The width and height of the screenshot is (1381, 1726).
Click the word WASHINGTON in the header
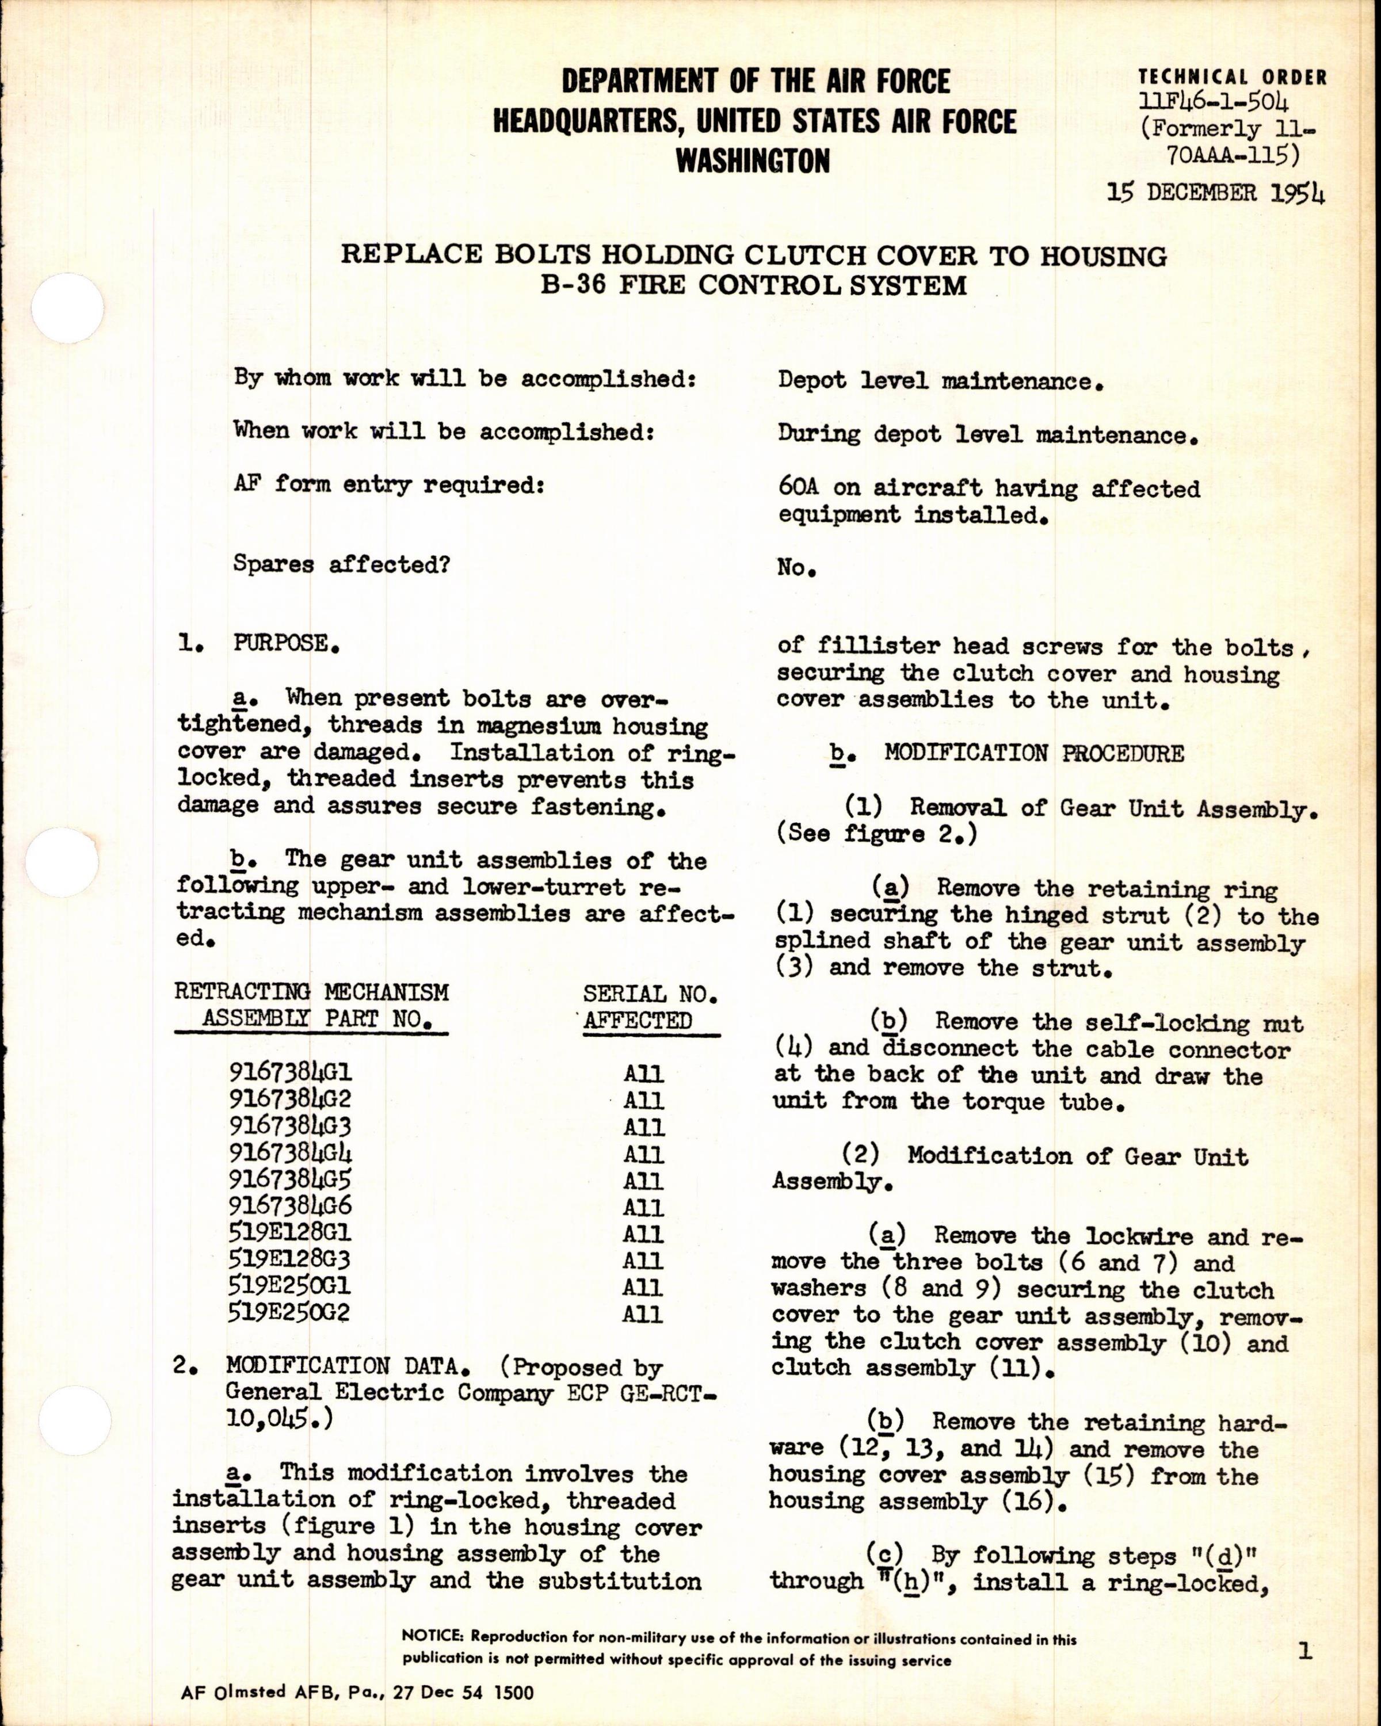[x=753, y=161]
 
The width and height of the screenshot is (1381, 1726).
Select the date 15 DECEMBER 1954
[x=1216, y=194]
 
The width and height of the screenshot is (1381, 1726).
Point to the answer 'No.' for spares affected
[x=796, y=568]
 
